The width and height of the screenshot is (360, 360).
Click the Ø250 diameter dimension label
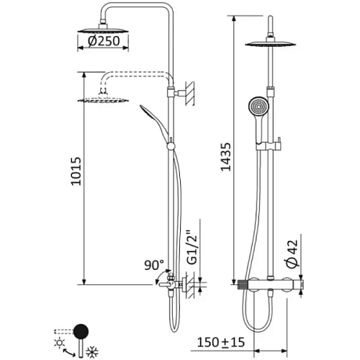point(104,41)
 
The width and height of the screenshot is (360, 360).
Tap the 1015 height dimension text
point(76,171)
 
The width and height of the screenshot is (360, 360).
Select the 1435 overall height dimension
point(225,157)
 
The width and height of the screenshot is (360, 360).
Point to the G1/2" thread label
point(192,247)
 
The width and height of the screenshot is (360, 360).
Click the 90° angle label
point(154,265)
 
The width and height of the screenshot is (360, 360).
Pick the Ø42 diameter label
point(292,253)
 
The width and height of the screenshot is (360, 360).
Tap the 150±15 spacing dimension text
point(221,342)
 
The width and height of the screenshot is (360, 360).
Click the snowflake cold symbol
point(92,352)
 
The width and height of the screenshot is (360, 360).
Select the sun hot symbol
point(60,343)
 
